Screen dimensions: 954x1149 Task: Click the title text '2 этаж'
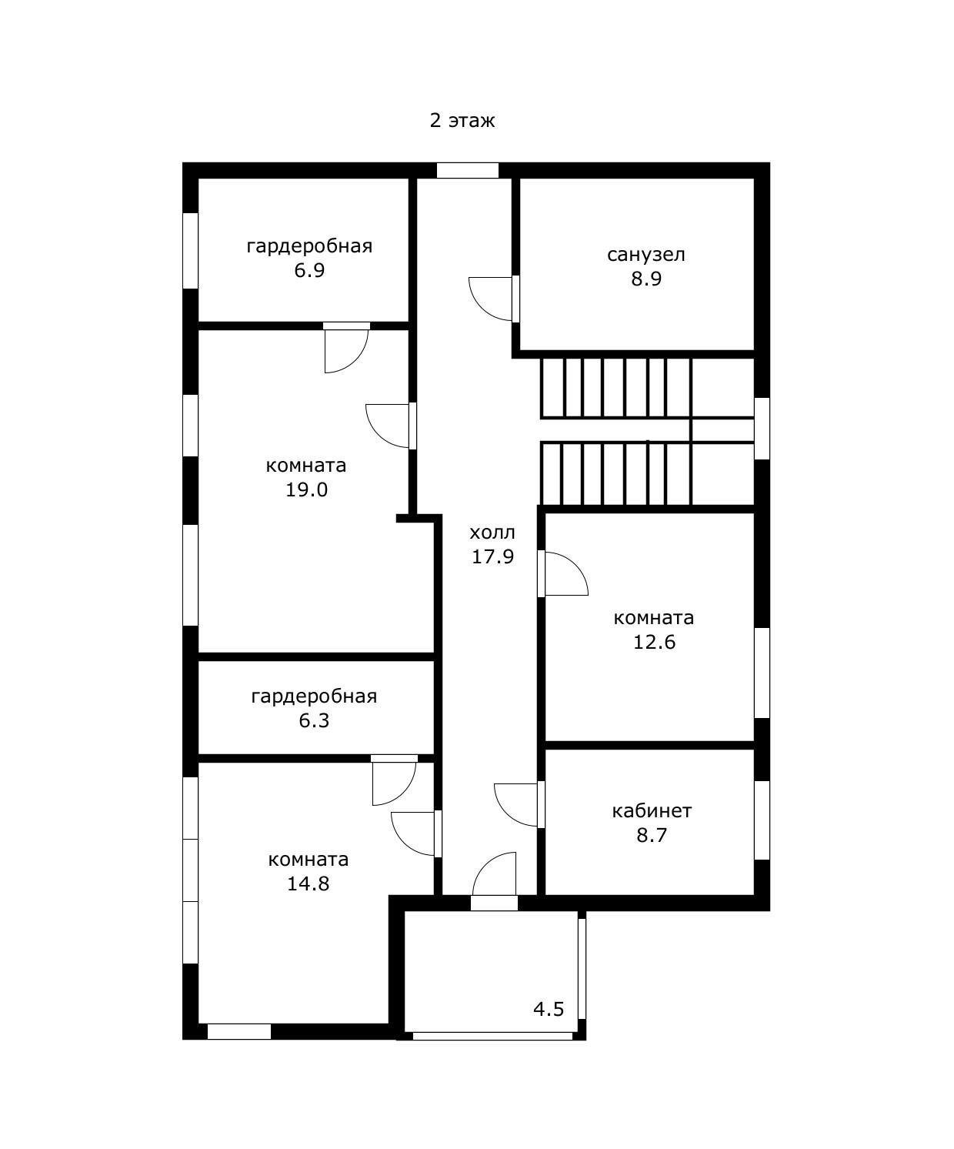coord(462,120)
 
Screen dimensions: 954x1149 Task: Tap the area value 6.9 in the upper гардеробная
coord(309,270)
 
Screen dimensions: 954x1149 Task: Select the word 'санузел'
coord(646,255)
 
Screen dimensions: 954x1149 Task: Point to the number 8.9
coord(646,279)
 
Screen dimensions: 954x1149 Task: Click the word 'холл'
coord(492,532)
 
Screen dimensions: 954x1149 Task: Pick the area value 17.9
coord(492,556)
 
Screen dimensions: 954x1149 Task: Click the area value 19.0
coord(306,489)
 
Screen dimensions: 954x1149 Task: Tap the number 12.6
coord(654,642)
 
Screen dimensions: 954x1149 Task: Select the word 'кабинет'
coord(652,810)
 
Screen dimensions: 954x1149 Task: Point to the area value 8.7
coord(652,835)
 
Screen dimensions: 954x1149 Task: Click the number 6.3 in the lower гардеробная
coord(314,720)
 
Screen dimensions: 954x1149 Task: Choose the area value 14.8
coord(308,883)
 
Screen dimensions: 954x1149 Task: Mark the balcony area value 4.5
coord(549,1009)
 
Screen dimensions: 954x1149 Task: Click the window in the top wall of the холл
coord(468,170)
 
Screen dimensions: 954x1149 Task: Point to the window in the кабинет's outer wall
coord(762,820)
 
